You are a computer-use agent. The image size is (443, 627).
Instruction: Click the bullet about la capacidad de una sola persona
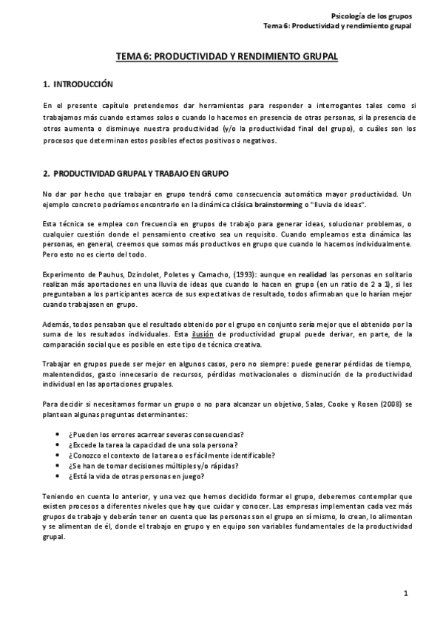152,444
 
